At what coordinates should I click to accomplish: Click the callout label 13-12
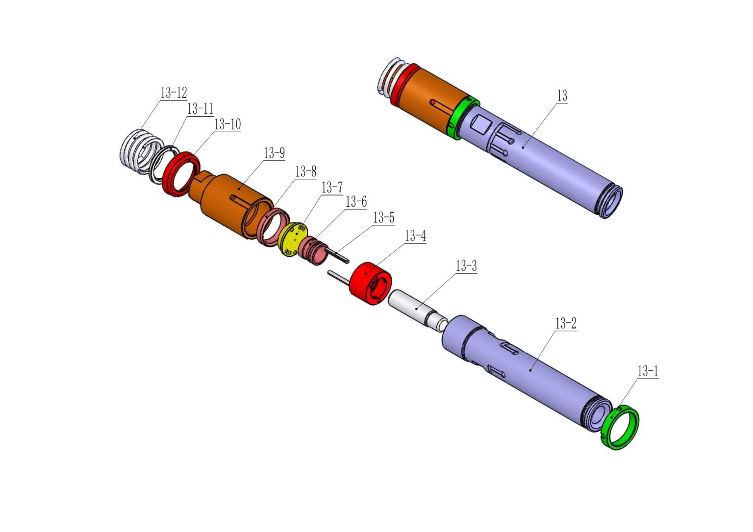pos(174,93)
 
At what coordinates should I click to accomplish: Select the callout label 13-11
pos(200,108)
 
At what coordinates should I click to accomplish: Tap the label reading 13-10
pos(227,124)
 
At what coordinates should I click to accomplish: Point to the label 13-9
pos(274,153)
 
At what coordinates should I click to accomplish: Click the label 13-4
pos(415,236)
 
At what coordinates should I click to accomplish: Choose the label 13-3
pos(466,266)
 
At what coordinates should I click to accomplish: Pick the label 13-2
pos(565,323)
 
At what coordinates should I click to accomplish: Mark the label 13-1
pos(647,371)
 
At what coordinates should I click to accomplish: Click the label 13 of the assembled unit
pos(562,96)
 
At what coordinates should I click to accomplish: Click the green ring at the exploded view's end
pos(621,427)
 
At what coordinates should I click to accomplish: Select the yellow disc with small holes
pos(294,240)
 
